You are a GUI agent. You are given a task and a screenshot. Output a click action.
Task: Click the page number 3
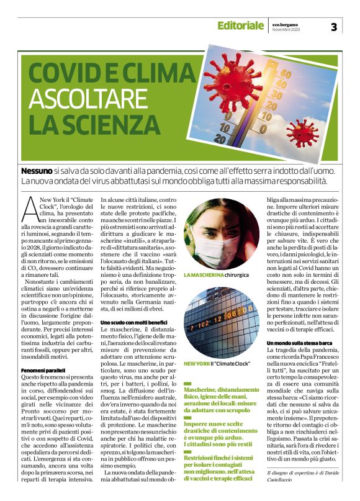coord(333,27)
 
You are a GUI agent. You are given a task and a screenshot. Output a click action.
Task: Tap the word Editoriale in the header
coord(240,26)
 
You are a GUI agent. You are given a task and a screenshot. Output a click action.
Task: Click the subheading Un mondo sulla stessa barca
coord(300,343)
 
